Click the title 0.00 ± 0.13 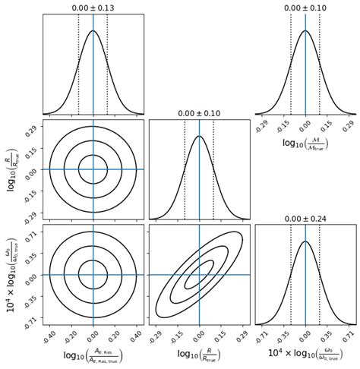[x=93, y=8]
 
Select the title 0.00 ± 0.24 [x=305, y=219]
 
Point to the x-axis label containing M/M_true [x=305, y=143]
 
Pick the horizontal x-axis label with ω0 [x=305, y=354]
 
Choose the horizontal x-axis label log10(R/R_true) [x=199, y=354]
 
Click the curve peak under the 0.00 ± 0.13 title [x=93, y=31]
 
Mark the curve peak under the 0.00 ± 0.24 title [x=305, y=242]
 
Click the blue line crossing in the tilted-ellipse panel [x=199, y=274]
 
